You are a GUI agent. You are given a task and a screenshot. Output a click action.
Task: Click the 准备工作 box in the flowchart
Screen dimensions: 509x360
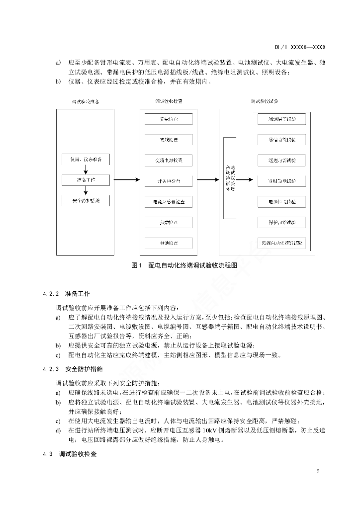click(x=87, y=180)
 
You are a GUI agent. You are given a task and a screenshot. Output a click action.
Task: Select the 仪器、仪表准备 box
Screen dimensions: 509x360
click(x=87, y=159)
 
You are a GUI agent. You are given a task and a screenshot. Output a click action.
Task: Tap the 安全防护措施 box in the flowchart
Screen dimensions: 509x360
click(x=87, y=201)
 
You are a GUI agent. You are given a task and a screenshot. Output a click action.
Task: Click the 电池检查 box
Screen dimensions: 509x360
click(x=169, y=244)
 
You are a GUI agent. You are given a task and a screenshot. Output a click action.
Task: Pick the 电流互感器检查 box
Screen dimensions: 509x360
click(x=169, y=202)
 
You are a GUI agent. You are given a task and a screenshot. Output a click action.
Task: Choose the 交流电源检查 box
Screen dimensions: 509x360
click(x=169, y=161)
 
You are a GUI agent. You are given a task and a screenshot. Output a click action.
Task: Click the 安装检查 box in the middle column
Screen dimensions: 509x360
click(x=169, y=120)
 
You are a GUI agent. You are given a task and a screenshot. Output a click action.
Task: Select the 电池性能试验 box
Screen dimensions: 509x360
click(x=282, y=202)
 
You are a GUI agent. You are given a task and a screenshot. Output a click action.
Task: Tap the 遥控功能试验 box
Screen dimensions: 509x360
click(x=282, y=161)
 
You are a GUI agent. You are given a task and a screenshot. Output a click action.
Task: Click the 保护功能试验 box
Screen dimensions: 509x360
click(x=282, y=223)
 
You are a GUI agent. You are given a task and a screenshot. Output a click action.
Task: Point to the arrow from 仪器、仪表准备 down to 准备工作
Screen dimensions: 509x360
click(x=87, y=170)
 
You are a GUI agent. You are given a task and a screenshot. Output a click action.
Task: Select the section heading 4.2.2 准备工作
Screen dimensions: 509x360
click(x=67, y=293)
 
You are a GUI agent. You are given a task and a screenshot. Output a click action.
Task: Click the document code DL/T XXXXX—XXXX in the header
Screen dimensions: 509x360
click(x=300, y=47)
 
